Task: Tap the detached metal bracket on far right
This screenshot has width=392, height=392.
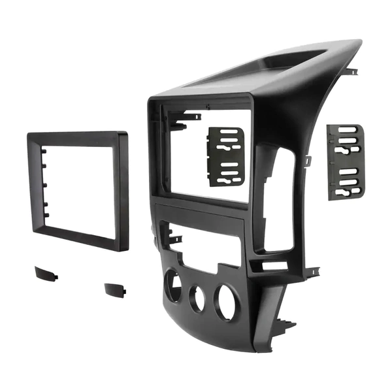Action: point(345,161)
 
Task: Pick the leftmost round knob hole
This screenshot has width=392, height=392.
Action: point(173,286)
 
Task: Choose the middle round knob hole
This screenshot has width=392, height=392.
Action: point(197,298)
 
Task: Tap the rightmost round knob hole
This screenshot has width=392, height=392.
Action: point(225,302)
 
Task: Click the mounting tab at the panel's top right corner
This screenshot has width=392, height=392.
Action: point(352,71)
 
